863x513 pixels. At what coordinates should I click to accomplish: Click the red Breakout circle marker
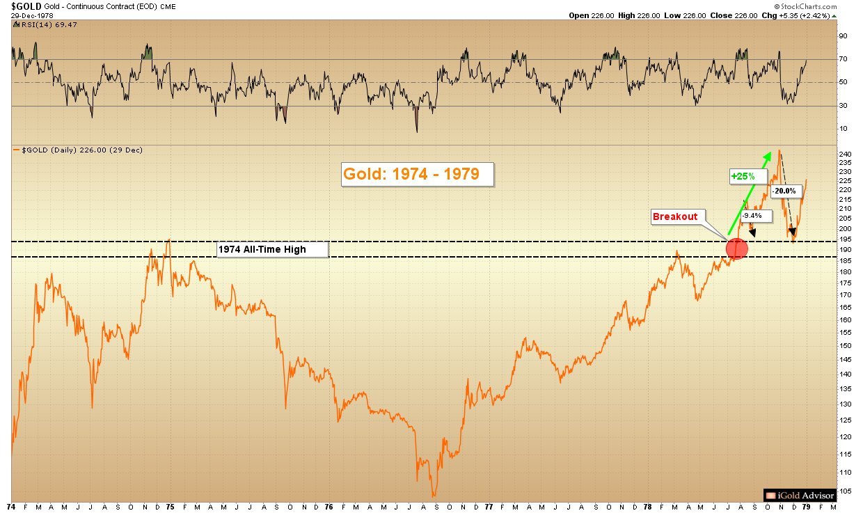[737, 248]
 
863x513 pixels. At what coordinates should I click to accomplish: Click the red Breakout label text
[674, 217]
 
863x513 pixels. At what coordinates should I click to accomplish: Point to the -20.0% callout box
[784, 190]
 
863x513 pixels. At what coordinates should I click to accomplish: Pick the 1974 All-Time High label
[272, 249]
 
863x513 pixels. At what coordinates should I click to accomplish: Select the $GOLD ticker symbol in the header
[21, 6]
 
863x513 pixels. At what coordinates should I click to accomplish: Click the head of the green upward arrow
[767, 154]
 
